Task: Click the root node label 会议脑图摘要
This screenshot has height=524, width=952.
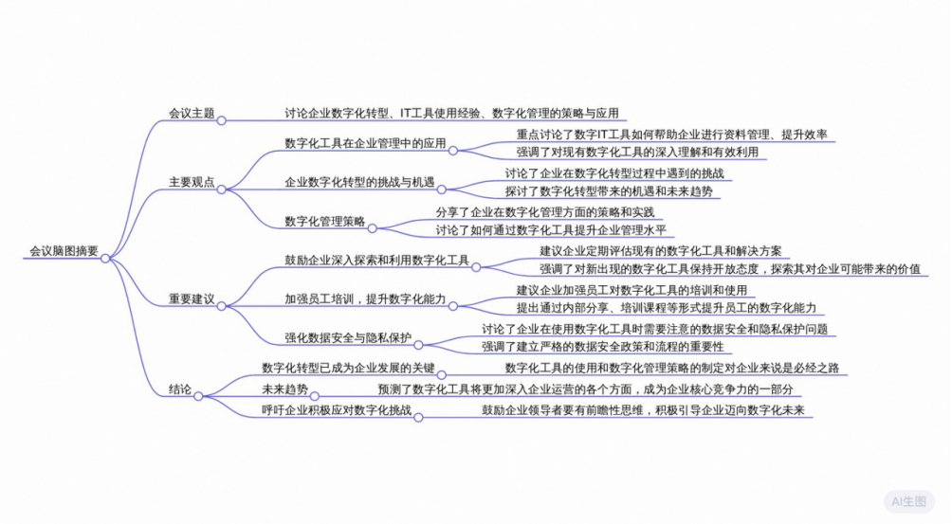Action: pyautogui.click(x=64, y=250)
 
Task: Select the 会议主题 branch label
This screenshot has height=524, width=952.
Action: pyautogui.click(x=192, y=113)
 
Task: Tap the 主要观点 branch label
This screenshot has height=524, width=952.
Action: pyautogui.click(x=192, y=182)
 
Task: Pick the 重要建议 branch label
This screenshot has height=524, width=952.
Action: pyautogui.click(x=192, y=299)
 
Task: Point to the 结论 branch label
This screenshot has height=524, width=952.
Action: pyautogui.click(x=180, y=388)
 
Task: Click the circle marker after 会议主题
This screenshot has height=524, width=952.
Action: pyautogui.click(x=222, y=120)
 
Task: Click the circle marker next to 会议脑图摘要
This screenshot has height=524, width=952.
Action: pyautogui.click(x=105, y=259)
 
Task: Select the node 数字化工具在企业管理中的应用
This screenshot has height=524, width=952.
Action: pyautogui.click(x=365, y=143)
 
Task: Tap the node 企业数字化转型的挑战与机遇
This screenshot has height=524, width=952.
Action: pyautogui.click(x=360, y=182)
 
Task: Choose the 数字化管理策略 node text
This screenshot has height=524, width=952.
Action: pyautogui.click(x=325, y=221)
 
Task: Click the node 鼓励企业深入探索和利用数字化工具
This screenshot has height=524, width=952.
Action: pyautogui.click(x=377, y=261)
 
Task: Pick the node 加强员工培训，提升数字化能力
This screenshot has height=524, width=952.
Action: pyautogui.click(x=365, y=299)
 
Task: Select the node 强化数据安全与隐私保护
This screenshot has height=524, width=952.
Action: pyautogui.click(x=348, y=338)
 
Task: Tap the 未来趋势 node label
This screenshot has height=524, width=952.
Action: pyautogui.click(x=284, y=388)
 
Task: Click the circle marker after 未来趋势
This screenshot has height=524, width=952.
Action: pyautogui.click(x=315, y=397)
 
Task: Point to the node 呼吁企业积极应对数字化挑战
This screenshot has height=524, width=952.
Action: pyautogui.click(x=337, y=410)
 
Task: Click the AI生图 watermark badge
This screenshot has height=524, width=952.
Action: pyautogui.click(x=909, y=501)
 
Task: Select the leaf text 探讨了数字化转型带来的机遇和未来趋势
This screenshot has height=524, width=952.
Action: pyautogui.click(x=609, y=191)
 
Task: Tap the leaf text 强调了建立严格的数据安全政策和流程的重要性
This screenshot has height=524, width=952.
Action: pyautogui.click(x=603, y=346)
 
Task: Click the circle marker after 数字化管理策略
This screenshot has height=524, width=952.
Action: pyautogui.click(x=373, y=228)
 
